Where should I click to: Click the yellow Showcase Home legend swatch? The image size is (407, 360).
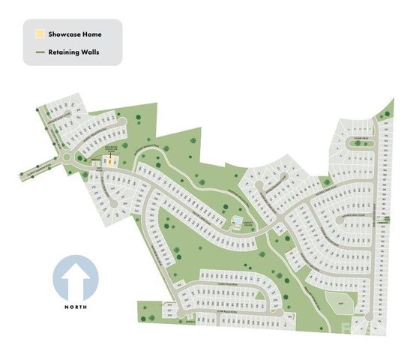[x=39, y=34]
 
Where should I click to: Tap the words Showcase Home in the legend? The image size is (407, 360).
[x=74, y=34]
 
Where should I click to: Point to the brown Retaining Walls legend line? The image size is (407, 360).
[x=39, y=52]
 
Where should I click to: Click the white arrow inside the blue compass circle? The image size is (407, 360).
[x=76, y=279]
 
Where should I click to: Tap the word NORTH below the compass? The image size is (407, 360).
[x=76, y=308]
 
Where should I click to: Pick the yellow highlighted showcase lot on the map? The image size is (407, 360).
[x=110, y=160]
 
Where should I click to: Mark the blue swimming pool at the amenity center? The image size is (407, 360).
[x=238, y=221]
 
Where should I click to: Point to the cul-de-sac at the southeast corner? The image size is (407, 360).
[x=367, y=323]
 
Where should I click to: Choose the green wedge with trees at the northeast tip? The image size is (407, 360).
[x=388, y=109]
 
